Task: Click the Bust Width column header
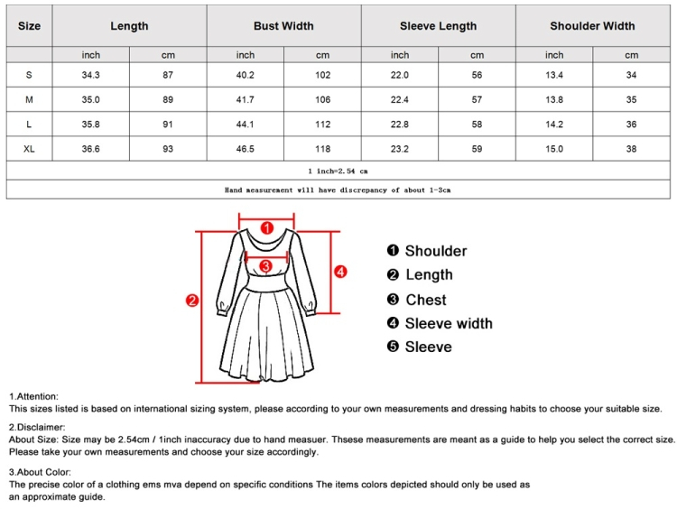pos(283,26)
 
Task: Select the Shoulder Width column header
pos(592,26)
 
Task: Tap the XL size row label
pos(29,148)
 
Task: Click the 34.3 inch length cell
pos(90,75)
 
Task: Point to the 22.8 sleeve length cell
pos(400,124)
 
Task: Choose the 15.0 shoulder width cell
pos(554,148)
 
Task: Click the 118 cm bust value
pos(322,148)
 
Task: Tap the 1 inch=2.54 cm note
pos(338,170)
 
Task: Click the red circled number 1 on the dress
pos(266,227)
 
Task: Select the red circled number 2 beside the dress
pos(192,301)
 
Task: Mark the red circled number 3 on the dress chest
pos(265,266)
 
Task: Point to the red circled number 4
pos(340,271)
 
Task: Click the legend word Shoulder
pos(435,251)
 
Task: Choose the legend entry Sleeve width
pos(448,323)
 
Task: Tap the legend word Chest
pos(425,300)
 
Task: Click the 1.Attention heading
pos(34,396)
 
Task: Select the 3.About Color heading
pos(40,472)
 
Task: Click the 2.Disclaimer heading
pos(37,426)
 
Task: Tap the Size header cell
pos(29,26)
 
